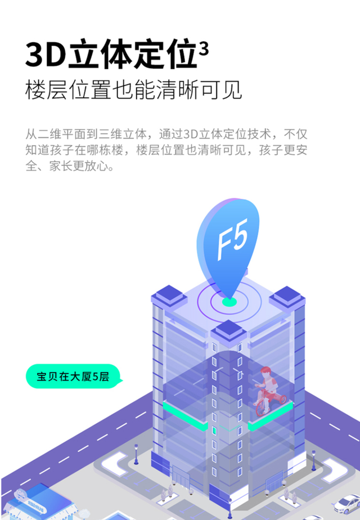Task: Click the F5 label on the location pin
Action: pos(233,239)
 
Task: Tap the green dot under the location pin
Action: pos(229,302)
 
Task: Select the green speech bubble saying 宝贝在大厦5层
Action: pos(74,376)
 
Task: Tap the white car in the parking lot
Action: pos(347,504)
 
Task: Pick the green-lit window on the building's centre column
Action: pos(214,431)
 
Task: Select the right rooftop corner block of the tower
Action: pos(287,296)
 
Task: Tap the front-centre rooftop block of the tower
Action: pos(229,330)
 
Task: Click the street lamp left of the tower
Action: pos(136,454)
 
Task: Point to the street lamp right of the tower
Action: pos(313,460)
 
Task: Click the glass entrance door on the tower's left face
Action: pos(181,477)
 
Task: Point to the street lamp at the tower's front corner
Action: pos(229,508)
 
